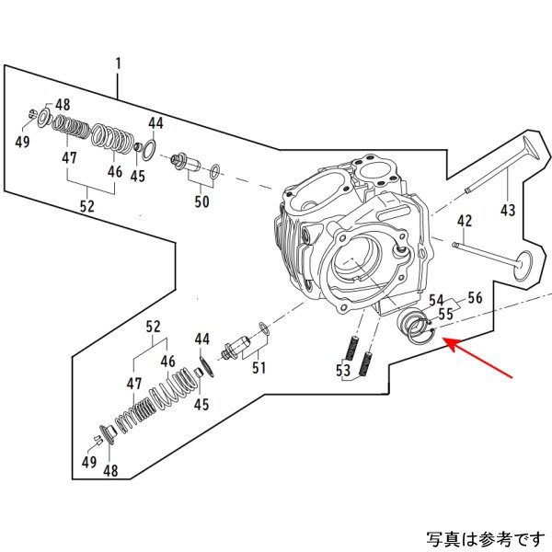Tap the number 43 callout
tap(507, 211)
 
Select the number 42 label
tap(465, 221)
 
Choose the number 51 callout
tap(259, 369)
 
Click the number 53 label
tap(343, 371)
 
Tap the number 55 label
tap(446, 314)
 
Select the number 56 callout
tap(475, 297)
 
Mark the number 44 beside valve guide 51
tap(202, 339)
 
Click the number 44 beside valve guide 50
tap(155, 122)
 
